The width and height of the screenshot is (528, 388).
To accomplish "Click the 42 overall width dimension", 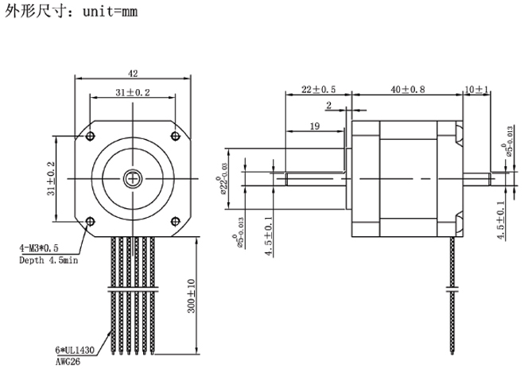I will pyautogui.click(x=133, y=73).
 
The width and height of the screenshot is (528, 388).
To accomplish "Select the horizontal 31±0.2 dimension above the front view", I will pyautogui.click(x=133, y=93).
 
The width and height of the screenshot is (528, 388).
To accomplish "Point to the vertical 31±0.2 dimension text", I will pyautogui.click(x=51, y=178).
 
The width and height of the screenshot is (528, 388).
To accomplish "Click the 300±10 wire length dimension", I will pyautogui.click(x=192, y=296).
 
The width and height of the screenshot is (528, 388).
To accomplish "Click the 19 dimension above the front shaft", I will pyautogui.click(x=314, y=126).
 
